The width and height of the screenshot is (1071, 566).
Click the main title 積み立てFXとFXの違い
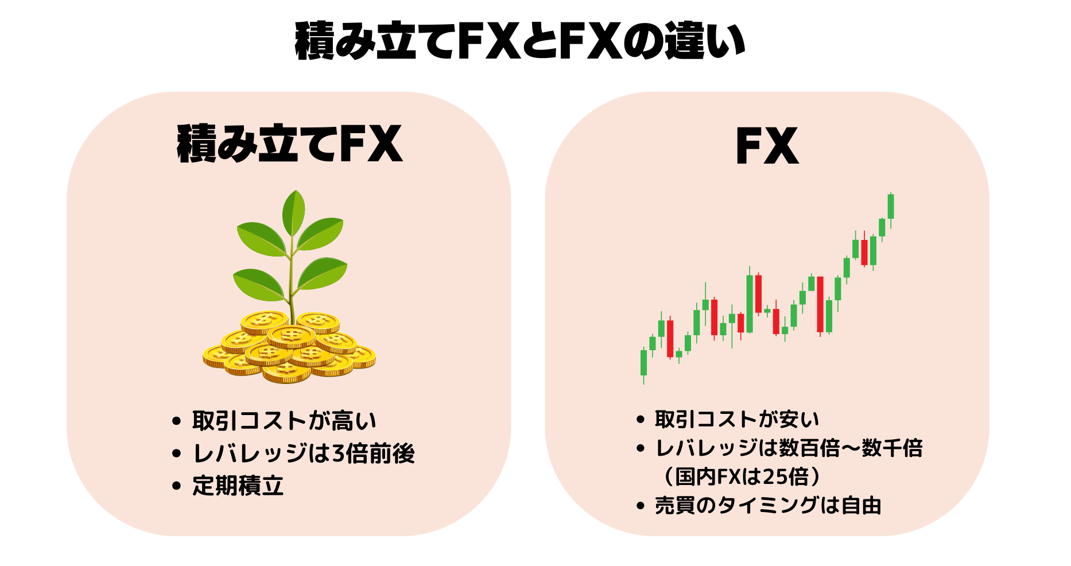519,41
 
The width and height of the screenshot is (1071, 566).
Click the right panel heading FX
767,146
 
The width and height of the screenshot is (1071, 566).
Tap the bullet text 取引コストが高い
284,421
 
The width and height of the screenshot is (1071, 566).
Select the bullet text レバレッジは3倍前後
304,453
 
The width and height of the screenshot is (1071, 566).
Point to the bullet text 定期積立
238,486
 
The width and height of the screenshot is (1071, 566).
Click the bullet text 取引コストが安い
737,420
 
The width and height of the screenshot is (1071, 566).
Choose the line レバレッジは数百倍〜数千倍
789,448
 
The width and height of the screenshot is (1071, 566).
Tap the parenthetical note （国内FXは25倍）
743,476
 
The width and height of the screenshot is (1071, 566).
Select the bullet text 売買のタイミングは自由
768,506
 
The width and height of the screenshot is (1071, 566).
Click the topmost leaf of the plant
294,211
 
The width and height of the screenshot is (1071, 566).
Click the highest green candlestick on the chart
891,206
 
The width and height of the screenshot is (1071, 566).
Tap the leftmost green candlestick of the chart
643,363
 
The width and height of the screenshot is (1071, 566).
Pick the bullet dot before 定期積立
176,486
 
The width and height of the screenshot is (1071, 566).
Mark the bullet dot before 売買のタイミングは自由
641,506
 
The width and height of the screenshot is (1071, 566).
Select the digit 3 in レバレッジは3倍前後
338,454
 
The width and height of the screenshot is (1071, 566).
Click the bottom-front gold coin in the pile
286,373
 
